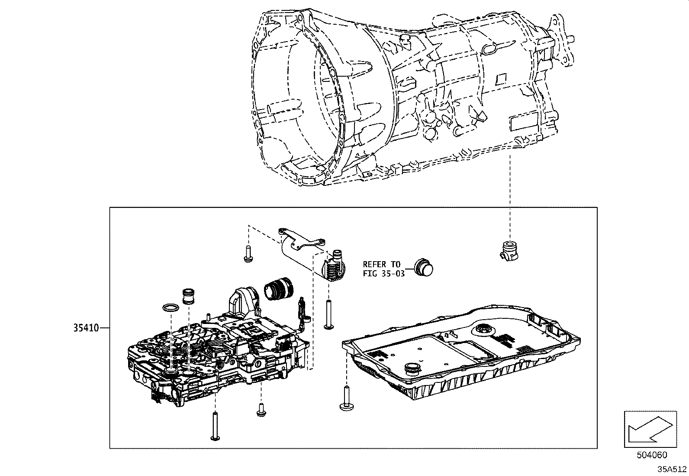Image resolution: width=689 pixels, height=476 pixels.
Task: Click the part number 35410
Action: click(x=86, y=328)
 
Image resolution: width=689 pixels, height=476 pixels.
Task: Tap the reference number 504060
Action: click(x=651, y=455)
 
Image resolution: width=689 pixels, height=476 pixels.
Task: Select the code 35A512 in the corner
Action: click(x=672, y=469)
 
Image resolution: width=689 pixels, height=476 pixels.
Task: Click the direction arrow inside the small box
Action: click(x=650, y=429)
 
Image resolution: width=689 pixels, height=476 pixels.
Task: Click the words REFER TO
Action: click(x=382, y=264)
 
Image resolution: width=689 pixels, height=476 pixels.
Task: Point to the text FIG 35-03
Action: click(x=383, y=274)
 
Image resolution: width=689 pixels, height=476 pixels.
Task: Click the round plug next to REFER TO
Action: click(x=423, y=267)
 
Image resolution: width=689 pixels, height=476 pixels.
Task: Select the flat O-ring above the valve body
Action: click(x=171, y=308)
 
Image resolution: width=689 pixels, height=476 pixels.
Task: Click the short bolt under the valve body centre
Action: click(x=261, y=409)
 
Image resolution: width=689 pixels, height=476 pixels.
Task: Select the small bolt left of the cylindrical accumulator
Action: click(x=248, y=254)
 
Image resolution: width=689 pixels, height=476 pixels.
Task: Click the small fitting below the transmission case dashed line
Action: click(x=509, y=252)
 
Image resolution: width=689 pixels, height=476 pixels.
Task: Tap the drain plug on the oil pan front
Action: click(x=412, y=369)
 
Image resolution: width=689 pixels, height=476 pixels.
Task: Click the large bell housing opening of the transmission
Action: click(x=299, y=108)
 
